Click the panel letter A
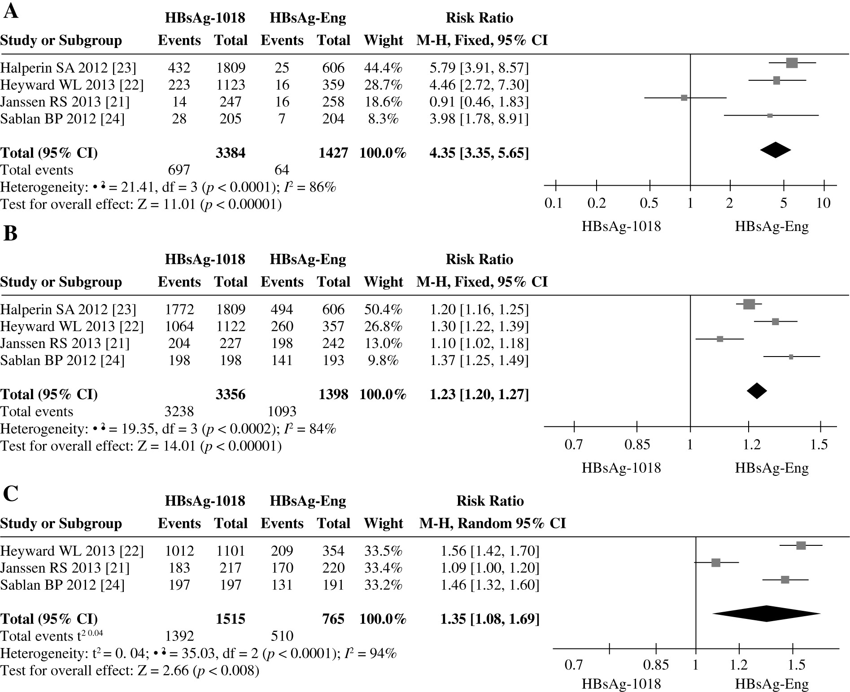11,11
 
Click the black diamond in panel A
775,150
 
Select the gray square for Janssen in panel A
684,98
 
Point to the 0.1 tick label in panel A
553,203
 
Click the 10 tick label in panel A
823,203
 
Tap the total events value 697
179,170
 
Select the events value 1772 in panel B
179,309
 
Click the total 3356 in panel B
231,394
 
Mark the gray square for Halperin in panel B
749,304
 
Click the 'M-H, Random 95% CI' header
492,523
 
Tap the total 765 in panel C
333,619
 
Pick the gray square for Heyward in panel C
801,545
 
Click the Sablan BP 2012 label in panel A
62,119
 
